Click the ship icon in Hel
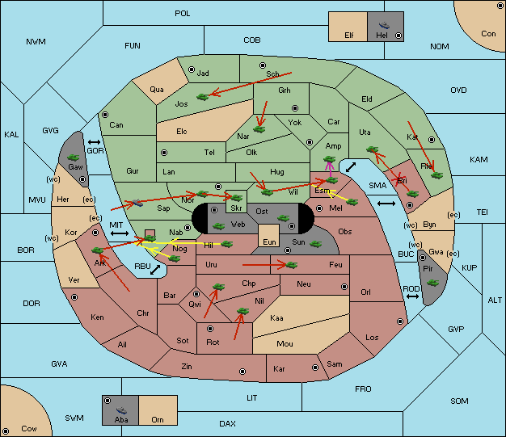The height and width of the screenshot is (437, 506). pos(384,25)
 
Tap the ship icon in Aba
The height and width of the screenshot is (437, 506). pos(122,410)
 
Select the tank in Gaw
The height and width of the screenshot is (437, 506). pos(74,158)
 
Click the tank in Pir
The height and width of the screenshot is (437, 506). pos(432,283)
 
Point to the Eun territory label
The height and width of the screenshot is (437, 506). pos(269,242)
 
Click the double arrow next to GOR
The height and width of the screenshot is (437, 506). pos(94,142)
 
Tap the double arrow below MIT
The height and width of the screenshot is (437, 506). pos(120,233)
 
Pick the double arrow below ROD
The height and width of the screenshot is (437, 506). pos(412,296)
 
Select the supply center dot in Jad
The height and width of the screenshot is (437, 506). pos(192,69)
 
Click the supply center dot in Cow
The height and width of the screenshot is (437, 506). pos(6,431)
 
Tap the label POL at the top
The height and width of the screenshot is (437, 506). pos(183,14)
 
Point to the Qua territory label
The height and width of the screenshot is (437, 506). pos(157,90)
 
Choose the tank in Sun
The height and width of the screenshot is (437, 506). pos(315,244)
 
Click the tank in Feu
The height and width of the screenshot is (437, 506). pos(292,265)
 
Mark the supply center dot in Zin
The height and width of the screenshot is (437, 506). pos(242,372)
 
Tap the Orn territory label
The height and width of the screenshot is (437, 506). pos(158,419)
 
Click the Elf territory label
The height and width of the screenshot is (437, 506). pos(349,36)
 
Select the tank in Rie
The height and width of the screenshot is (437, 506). pos(437,175)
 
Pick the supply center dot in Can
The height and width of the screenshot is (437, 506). pos(105,115)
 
